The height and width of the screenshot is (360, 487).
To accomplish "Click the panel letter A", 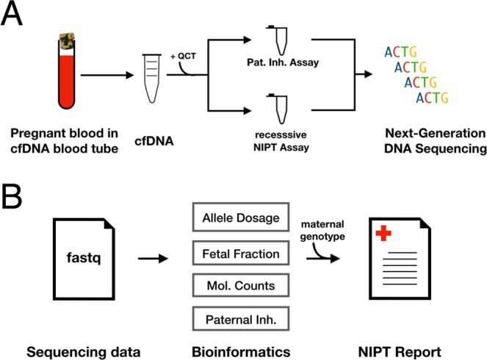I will [15, 14].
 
